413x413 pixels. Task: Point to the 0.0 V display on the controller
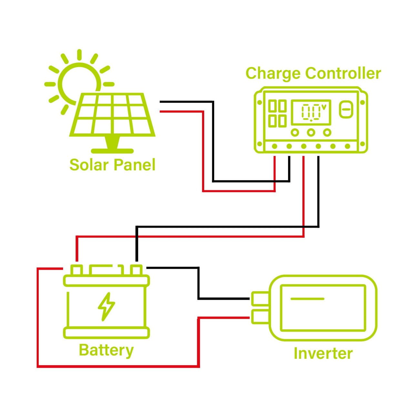311,112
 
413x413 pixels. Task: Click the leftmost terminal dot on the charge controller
275,146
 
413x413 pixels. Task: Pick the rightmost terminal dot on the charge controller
348,146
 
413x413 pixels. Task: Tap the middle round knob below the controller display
311,132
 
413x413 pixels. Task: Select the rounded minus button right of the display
346,110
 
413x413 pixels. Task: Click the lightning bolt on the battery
106,307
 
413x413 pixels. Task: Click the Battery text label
106,350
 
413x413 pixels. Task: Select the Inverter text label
323,353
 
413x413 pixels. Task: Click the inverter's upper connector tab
260,298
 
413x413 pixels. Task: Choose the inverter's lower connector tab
260,317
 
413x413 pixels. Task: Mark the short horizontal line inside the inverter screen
307,299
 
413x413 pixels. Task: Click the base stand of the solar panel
112,150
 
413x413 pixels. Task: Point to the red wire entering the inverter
226,318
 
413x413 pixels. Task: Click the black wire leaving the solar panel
187,102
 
